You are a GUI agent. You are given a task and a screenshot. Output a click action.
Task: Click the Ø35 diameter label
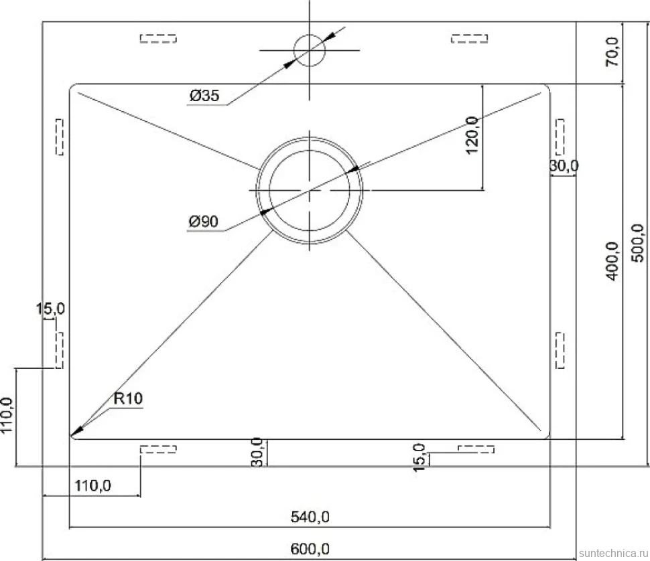[204, 96]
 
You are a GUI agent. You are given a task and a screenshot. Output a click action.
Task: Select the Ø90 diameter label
[203, 222]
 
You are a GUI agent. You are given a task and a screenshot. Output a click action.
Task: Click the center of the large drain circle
[309, 190]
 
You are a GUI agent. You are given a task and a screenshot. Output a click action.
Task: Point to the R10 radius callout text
[128, 398]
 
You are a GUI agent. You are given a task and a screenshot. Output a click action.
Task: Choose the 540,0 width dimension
[310, 517]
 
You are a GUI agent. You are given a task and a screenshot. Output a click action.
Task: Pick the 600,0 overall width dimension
[310, 549]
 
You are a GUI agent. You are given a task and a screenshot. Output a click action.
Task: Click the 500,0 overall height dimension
[638, 243]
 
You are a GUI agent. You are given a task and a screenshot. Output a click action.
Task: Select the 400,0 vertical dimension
[612, 261]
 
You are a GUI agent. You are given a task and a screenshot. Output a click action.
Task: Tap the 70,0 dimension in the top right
[612, 52]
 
